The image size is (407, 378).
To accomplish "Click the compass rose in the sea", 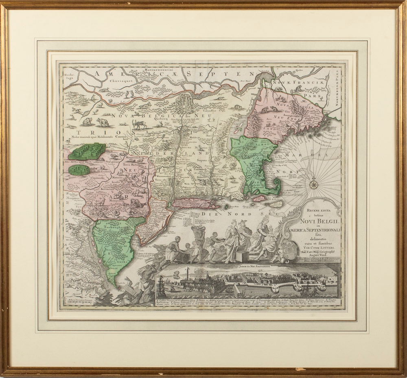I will [315, 185].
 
